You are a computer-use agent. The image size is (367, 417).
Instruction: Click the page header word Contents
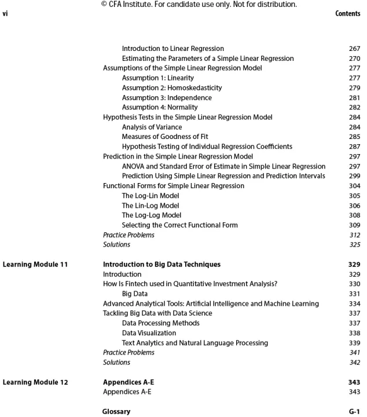click(348, 13)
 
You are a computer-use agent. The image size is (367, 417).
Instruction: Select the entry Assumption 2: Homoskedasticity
click(171, 88)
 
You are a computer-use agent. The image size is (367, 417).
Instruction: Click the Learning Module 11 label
click(35, 265)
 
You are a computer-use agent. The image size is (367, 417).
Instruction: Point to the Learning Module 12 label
click(35, 382)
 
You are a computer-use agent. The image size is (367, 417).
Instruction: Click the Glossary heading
click(116, 412)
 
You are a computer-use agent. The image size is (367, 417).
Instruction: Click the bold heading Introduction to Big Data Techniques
click(162, 265)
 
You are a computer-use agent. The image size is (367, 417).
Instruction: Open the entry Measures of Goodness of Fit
click(165, 137)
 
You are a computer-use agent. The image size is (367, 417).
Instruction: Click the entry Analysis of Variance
click(152, 127)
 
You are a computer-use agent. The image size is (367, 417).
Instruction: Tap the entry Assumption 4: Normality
click(159, 108)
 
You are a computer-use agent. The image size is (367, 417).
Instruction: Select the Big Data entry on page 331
click(134, 294)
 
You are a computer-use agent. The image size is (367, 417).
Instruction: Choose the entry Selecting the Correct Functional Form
click(179, 225)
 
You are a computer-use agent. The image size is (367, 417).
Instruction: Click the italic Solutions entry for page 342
click(116, 363)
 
